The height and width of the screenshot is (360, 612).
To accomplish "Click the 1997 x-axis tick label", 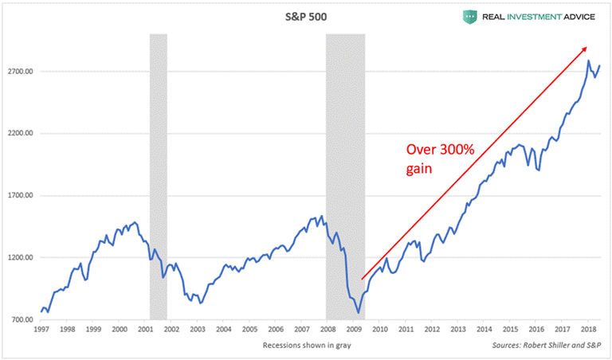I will click(43, 329).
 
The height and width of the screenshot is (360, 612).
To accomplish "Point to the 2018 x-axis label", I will click(587, 329).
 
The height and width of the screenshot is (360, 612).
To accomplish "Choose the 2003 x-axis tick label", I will click(198, 329).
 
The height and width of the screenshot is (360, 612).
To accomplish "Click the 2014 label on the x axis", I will click(484, 329).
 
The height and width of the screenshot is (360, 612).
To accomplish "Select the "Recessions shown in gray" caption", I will click(307, 345).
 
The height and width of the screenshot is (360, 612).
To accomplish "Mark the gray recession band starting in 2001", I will click(159, 175).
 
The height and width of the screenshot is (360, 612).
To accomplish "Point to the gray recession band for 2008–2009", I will click(346, 175).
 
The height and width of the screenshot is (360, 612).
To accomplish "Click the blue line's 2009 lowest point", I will click(359, 312).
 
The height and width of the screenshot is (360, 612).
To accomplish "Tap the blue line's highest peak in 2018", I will click(588, 61).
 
